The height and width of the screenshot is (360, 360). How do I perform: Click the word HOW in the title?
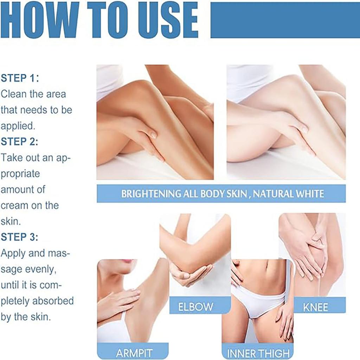coord(40,20)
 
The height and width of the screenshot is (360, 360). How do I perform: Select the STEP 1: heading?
coord(20,78)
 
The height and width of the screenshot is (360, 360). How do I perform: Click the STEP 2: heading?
coord(20,142)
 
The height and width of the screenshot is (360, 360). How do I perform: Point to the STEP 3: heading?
coord(20,237)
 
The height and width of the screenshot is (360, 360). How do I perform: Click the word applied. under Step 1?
coord(18,126)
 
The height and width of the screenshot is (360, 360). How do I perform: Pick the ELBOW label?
coord(195,307)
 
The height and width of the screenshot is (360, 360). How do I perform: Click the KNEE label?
coord(315,308)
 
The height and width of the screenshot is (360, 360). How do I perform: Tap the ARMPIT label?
coord(134,353)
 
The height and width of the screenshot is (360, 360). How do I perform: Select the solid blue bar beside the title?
coord(285,20)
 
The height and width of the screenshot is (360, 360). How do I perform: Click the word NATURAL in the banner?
coord(272,194)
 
